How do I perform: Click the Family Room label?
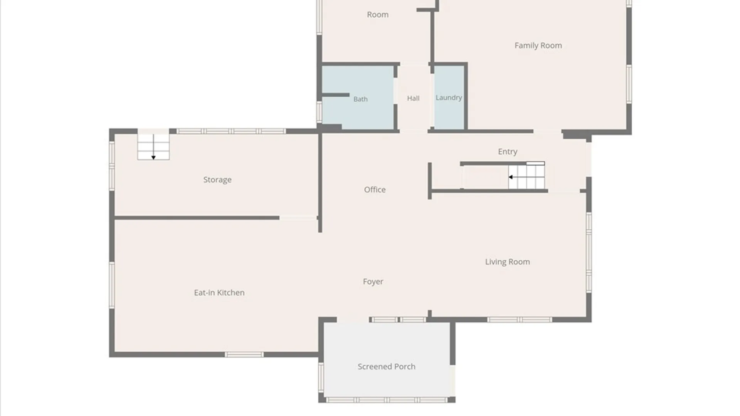click(x=538, y=45)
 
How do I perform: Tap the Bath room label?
click(x=360, y=99)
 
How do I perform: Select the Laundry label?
click(x=449, y=98)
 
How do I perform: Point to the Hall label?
click(x=413, y=98)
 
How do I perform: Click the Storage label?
click(x=217, y=180)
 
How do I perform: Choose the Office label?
click(x=375, y=190)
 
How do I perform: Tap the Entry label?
click(x=508, y=152)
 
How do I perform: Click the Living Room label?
click(x=507, y=262)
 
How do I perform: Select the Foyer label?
click(x=373, y=282)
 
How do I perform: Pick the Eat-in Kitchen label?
click(x=219, y=293)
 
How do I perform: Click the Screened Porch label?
click(x=387, y=367)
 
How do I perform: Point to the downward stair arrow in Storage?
click(x=153, y=147)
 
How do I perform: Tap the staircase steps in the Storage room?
click(x=153, y=147)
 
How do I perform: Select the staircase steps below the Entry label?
click(x=526, y=177)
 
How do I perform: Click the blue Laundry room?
click(x=449, y=97)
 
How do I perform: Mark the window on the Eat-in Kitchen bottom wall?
click(x=244, y=354)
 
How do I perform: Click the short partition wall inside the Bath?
click(x=335, y=95)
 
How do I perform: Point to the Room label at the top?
click(x=378, y=15)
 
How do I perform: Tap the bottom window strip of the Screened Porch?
click(x=387, y=400)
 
